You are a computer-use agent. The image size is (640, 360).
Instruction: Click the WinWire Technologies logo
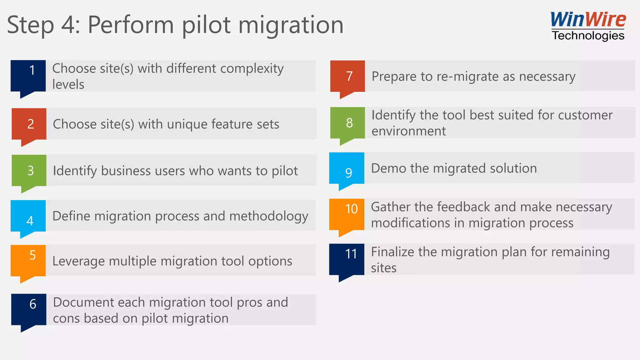(x=588, y=26)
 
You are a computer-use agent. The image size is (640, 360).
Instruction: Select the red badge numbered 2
(x=29, y=124)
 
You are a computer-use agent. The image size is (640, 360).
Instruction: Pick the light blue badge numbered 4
(x=28, y=216)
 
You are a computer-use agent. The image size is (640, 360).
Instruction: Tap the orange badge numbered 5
(x=28, y=261)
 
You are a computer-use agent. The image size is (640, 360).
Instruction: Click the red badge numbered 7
(x=348, y=76)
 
